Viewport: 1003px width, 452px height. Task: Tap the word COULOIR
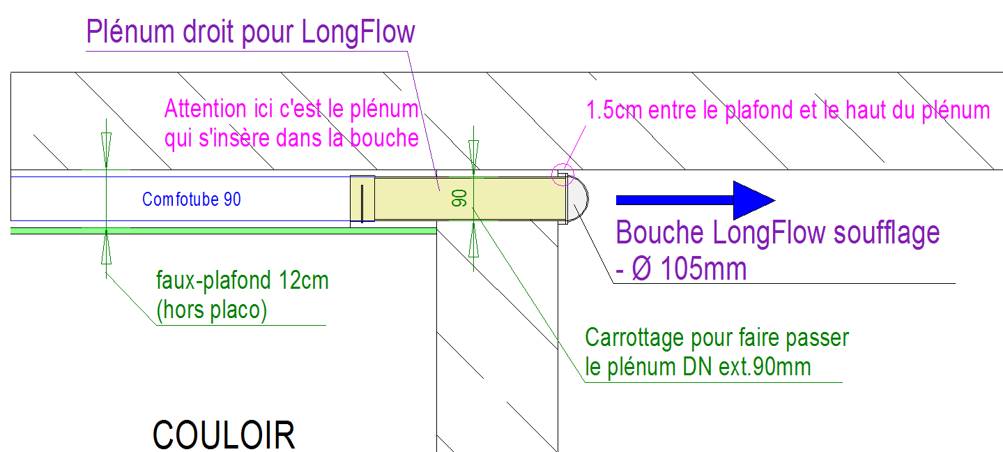pos(224,435)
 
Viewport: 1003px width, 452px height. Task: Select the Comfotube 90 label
pos(192,199)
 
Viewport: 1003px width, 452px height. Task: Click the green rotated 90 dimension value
pos(459,198)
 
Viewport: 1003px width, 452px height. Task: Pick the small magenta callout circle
pos(562,174)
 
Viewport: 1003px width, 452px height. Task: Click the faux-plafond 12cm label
pos(242,282)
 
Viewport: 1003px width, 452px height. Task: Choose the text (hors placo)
pos(211,310)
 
